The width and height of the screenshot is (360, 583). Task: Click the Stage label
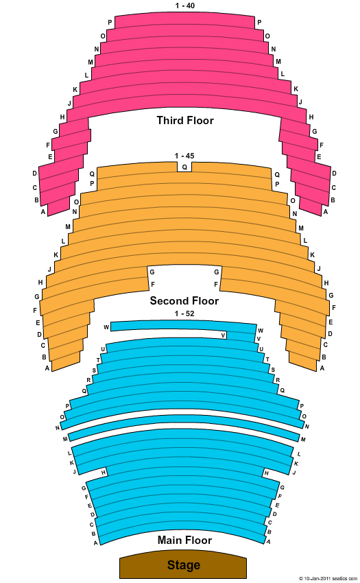[x=184, y=565]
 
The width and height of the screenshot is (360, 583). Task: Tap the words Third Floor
[x=185, y=121]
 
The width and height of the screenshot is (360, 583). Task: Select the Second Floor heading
[x=184, y=300]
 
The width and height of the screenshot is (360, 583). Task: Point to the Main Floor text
[x=185, y=540]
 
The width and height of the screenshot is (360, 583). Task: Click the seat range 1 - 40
[x=185, y=5]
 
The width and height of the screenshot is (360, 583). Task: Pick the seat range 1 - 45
[x=184, y=156]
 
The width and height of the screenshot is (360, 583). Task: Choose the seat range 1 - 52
[x=184, y=313]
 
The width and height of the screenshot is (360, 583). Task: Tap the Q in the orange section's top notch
[x=184, y=167]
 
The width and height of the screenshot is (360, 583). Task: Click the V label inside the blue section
[x=223, y=335]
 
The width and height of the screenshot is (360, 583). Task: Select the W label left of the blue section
[x=106, y=327]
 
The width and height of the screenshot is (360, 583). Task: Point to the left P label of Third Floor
[x=110, y=23]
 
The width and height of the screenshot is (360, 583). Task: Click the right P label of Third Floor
[x=259, y=23]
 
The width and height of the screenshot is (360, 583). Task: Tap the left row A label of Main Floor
[x=95, y=543]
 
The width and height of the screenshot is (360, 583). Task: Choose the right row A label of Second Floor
[x=322, y=368]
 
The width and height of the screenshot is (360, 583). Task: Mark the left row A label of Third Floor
[x=43, y=212]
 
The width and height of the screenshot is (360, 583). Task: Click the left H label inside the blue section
[x=104, y=473]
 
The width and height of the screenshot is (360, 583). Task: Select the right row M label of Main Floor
[x=303, y=440]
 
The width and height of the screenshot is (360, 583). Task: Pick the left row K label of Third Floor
[x=75, y=90]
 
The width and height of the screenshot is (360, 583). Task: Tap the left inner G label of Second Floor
[x=152, y=272]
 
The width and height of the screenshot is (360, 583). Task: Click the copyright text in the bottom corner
[x=328, y=578]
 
